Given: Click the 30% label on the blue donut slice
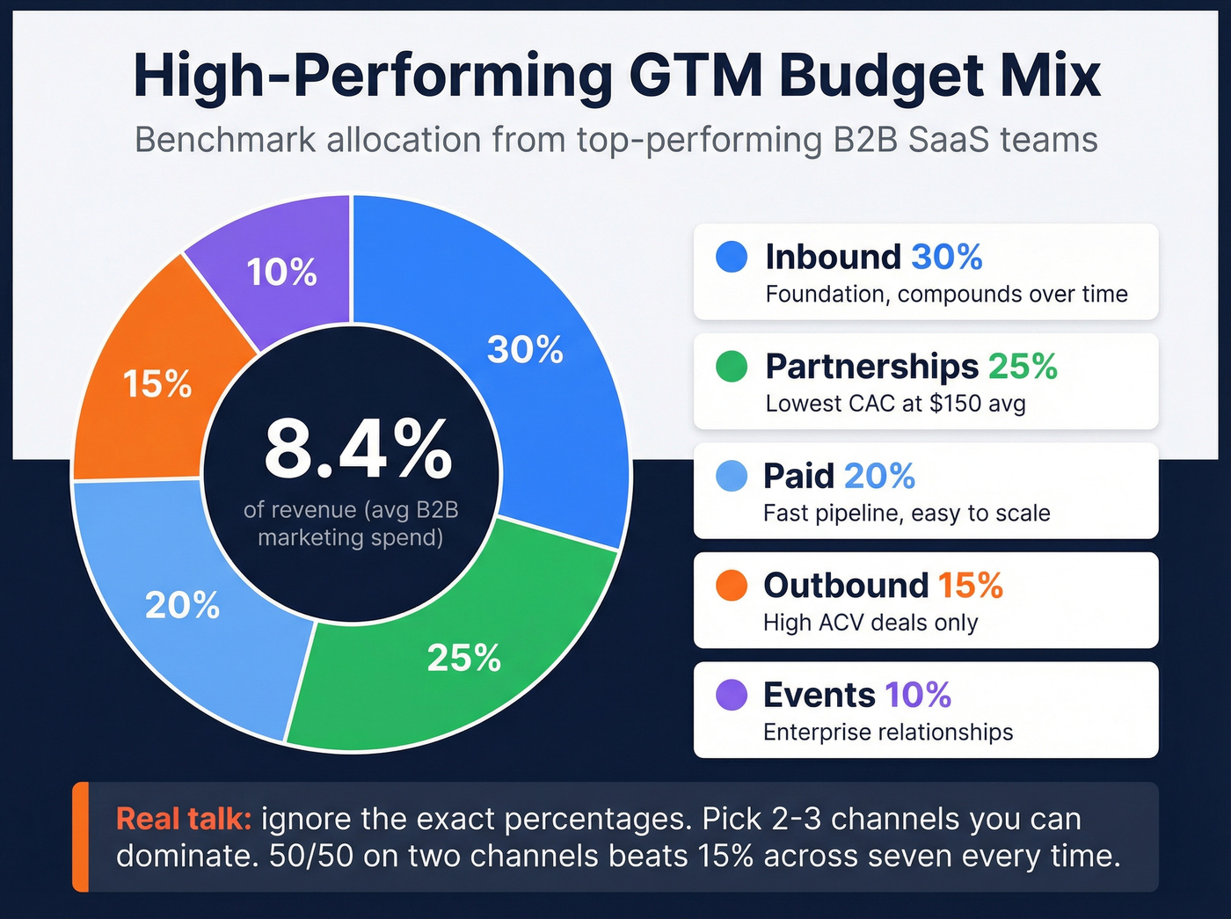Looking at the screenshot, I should pos(525,350).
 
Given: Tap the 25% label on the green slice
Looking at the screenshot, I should pos(463,658).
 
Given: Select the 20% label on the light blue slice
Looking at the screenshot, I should pos(182,605).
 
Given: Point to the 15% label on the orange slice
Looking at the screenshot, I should pos(157,383).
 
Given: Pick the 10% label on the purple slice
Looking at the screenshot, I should pos(281,273).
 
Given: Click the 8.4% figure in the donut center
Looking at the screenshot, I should pos(358,449).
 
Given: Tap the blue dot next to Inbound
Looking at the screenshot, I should pos(732,257).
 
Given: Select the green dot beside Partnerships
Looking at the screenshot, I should pos(732,366).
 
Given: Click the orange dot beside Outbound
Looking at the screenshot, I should pos(732,585).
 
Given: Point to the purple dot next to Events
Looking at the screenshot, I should pos(732,695).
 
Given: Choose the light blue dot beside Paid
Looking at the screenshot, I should pos(732,476).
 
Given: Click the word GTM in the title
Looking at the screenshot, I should pos(696,76).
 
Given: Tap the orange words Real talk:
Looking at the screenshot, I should pos(184,819).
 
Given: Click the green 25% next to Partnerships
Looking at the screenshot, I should pos(1022,366).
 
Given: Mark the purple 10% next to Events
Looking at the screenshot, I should pos(917,695).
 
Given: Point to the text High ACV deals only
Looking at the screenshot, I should pos(870,623).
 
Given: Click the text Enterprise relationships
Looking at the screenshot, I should pos(888,732).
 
